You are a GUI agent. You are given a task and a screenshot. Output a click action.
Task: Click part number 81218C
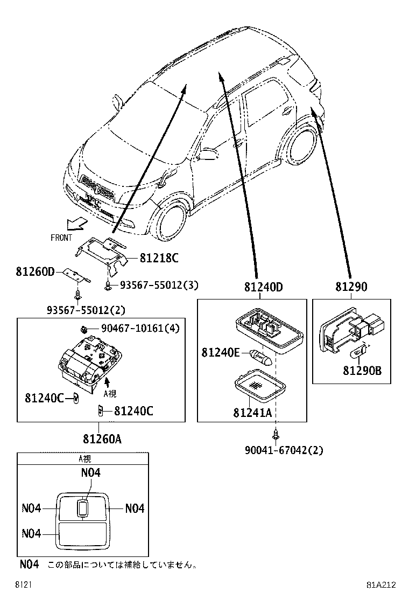tap(158, 258)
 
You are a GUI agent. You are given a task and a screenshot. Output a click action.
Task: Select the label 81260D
tap(36, 271)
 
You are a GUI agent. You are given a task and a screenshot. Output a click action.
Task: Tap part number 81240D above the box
tap(263, 287)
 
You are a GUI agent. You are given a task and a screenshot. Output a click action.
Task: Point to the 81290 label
tap(351, 287)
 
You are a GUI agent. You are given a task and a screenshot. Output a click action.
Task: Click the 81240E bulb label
tap(220, 352)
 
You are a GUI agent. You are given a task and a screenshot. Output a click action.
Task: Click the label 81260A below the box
tap(102, 439)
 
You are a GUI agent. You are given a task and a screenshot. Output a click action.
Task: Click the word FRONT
tap(61, 238)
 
